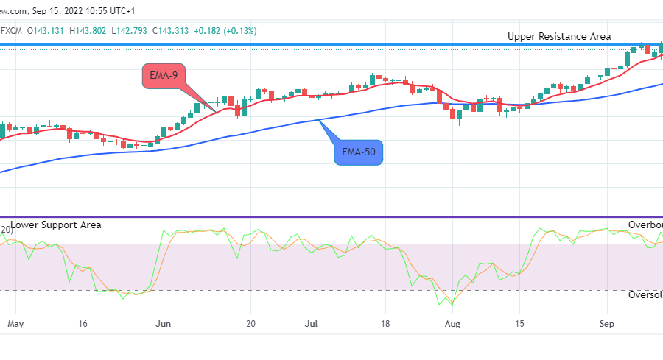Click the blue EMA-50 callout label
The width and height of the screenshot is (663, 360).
click(358, 153)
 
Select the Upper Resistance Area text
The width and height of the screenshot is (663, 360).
click(559, 36)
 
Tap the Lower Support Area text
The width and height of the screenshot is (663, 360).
click(56, 225)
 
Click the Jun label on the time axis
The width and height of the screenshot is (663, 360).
click(164, 323)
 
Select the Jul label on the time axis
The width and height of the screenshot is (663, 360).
click(312, 323)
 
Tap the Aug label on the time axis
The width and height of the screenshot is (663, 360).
click(454, 323)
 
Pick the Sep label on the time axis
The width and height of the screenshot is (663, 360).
click(607, 323)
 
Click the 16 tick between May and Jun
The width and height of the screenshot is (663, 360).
click(83, 323)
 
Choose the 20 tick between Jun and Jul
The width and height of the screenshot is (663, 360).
click(250, 323)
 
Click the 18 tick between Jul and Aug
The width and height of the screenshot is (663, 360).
click(385, 323)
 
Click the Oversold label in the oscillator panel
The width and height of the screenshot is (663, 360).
click(645, 294)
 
